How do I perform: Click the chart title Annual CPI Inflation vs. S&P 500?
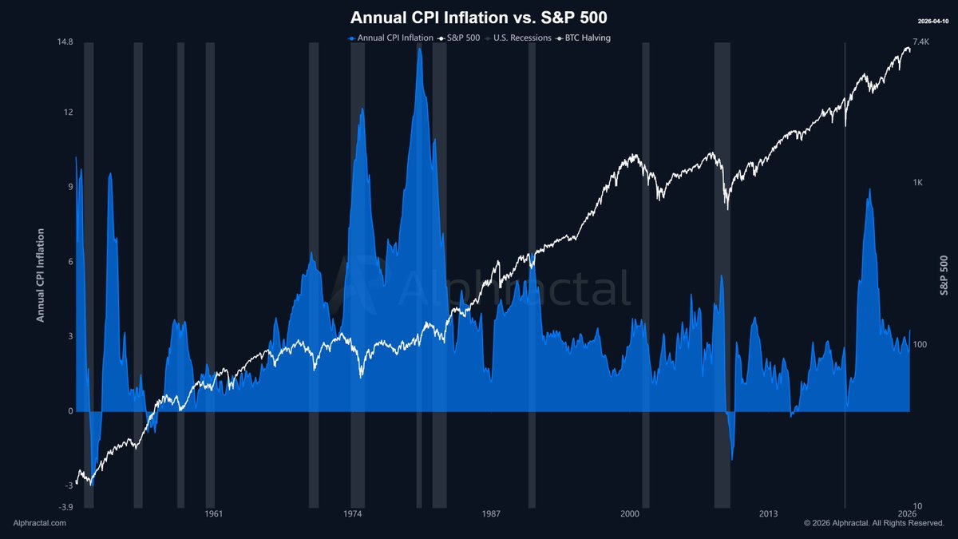click(479, 18)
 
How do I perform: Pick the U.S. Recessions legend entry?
click(520, 38)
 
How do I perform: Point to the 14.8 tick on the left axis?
click(65, 42)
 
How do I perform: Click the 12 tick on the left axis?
click(69, 113)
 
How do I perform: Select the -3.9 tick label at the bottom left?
click(65, 507)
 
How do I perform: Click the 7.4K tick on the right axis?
click(920, 42)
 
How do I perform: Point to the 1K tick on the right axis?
click(917, 183)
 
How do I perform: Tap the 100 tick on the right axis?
click(920, 345)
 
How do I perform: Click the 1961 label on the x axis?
click(212, 513)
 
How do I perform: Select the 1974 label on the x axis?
click(352, 513)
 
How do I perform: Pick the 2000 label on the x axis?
click(630, 513)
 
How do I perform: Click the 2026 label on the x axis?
click(907, 513)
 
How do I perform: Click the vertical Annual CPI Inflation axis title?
click(40, 275)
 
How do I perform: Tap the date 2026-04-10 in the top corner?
click(932, 21)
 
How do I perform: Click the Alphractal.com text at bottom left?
click(40, 523)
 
